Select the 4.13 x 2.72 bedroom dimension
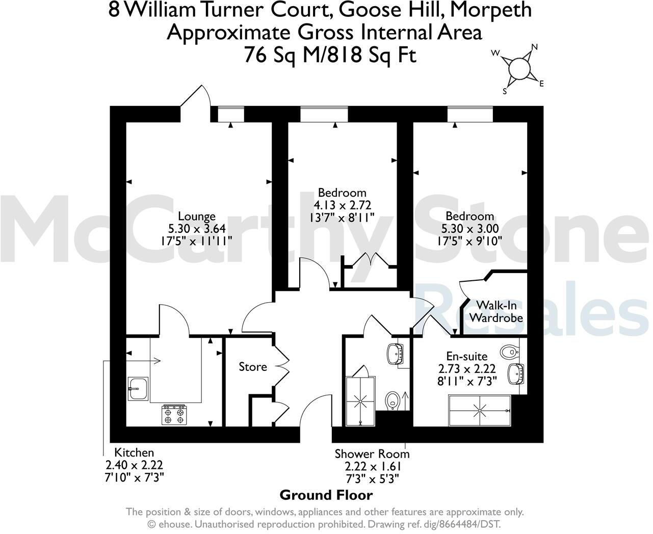click(x=342, y=205)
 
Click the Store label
click(x=253, y=367)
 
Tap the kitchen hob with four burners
click(x=174, y=414)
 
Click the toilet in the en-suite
click(x=509, y=351)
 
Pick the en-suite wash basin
click(x=517, y=373)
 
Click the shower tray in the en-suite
click(x=479, y=410)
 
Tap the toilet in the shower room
click(x=393, y=399)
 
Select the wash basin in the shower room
click(x=395, y=353)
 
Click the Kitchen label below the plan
click(x=134, y=452)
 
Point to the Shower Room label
click(x=372, y=454)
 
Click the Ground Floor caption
click(x=326, y=495)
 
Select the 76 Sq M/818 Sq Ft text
click(x=330, y=55)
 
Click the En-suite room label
click(x=466, y=356)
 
